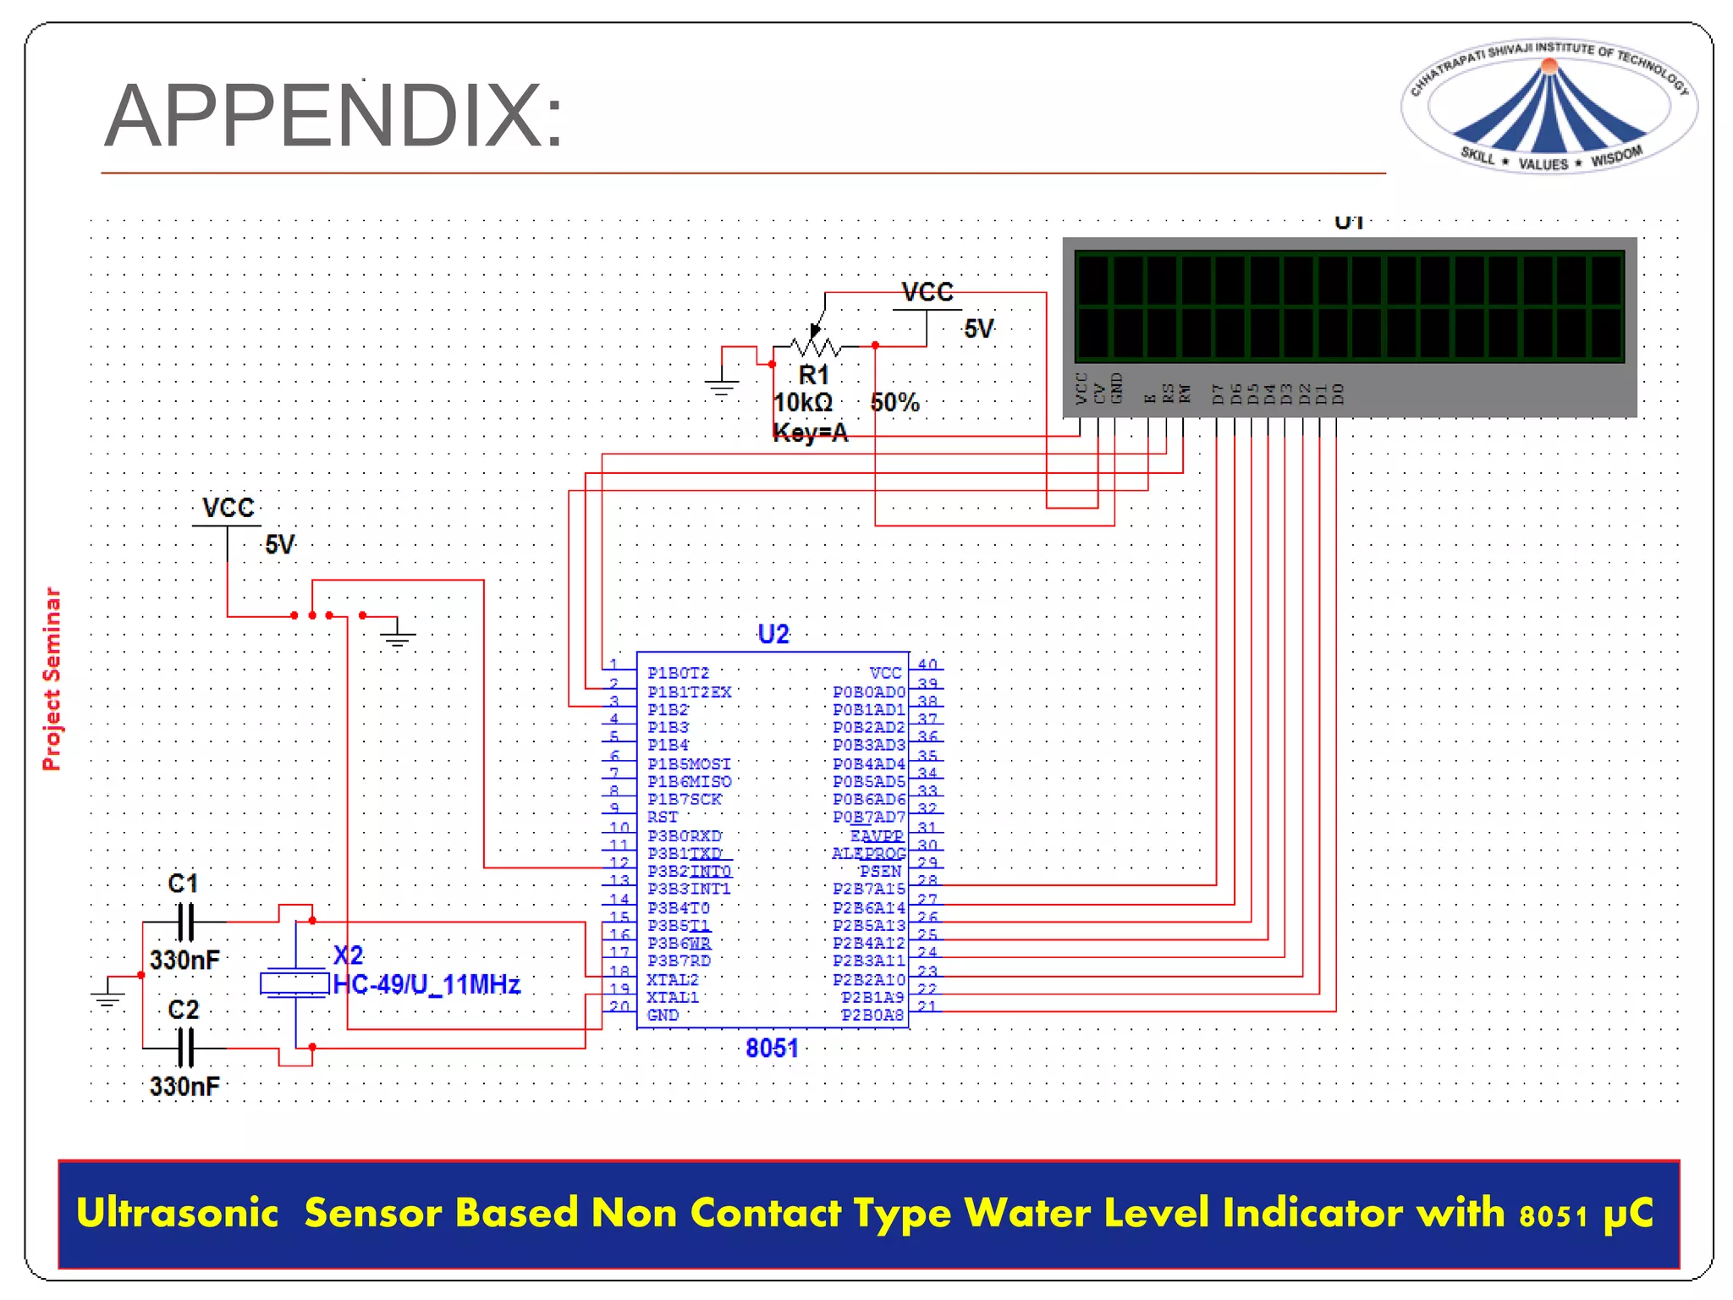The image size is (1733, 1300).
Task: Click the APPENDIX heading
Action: click(x=333, y=117)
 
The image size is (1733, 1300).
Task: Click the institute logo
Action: click(x=1548, y=107)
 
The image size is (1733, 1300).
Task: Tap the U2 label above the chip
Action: click(x=773, y=634)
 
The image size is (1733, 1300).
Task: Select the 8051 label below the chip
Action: click(x=772, y=1048)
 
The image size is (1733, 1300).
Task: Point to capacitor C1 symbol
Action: click(x=185, y=922)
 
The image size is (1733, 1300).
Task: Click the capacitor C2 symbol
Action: click(x=185, y=1048)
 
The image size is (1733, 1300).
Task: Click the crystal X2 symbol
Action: click(x=294, y=983)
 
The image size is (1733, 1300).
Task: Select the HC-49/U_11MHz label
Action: click(x=426, y=984)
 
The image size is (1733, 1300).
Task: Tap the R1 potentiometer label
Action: click(x=813, y=374)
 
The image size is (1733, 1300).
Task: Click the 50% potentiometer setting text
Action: click(x=894, y=403)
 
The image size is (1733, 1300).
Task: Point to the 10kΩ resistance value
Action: click(x=803, y=403)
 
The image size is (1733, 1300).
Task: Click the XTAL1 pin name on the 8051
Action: click(x=673, y=997)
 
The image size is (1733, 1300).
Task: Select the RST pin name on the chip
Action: click(x=663, y=817)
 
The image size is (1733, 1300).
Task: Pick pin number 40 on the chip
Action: click(x=927, y=664)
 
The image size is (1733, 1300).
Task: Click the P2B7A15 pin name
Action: click(x=869, y=889)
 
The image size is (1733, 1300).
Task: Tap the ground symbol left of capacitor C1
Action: click(x=107, y=996)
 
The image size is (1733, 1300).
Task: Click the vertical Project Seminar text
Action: click(x=52, y=679)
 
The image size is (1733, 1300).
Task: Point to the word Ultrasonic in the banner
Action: click(x=177, y=1213)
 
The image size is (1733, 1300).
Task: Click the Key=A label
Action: click(x=810, y=433)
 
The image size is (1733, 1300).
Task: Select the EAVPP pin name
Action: click(x=877, y=835)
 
